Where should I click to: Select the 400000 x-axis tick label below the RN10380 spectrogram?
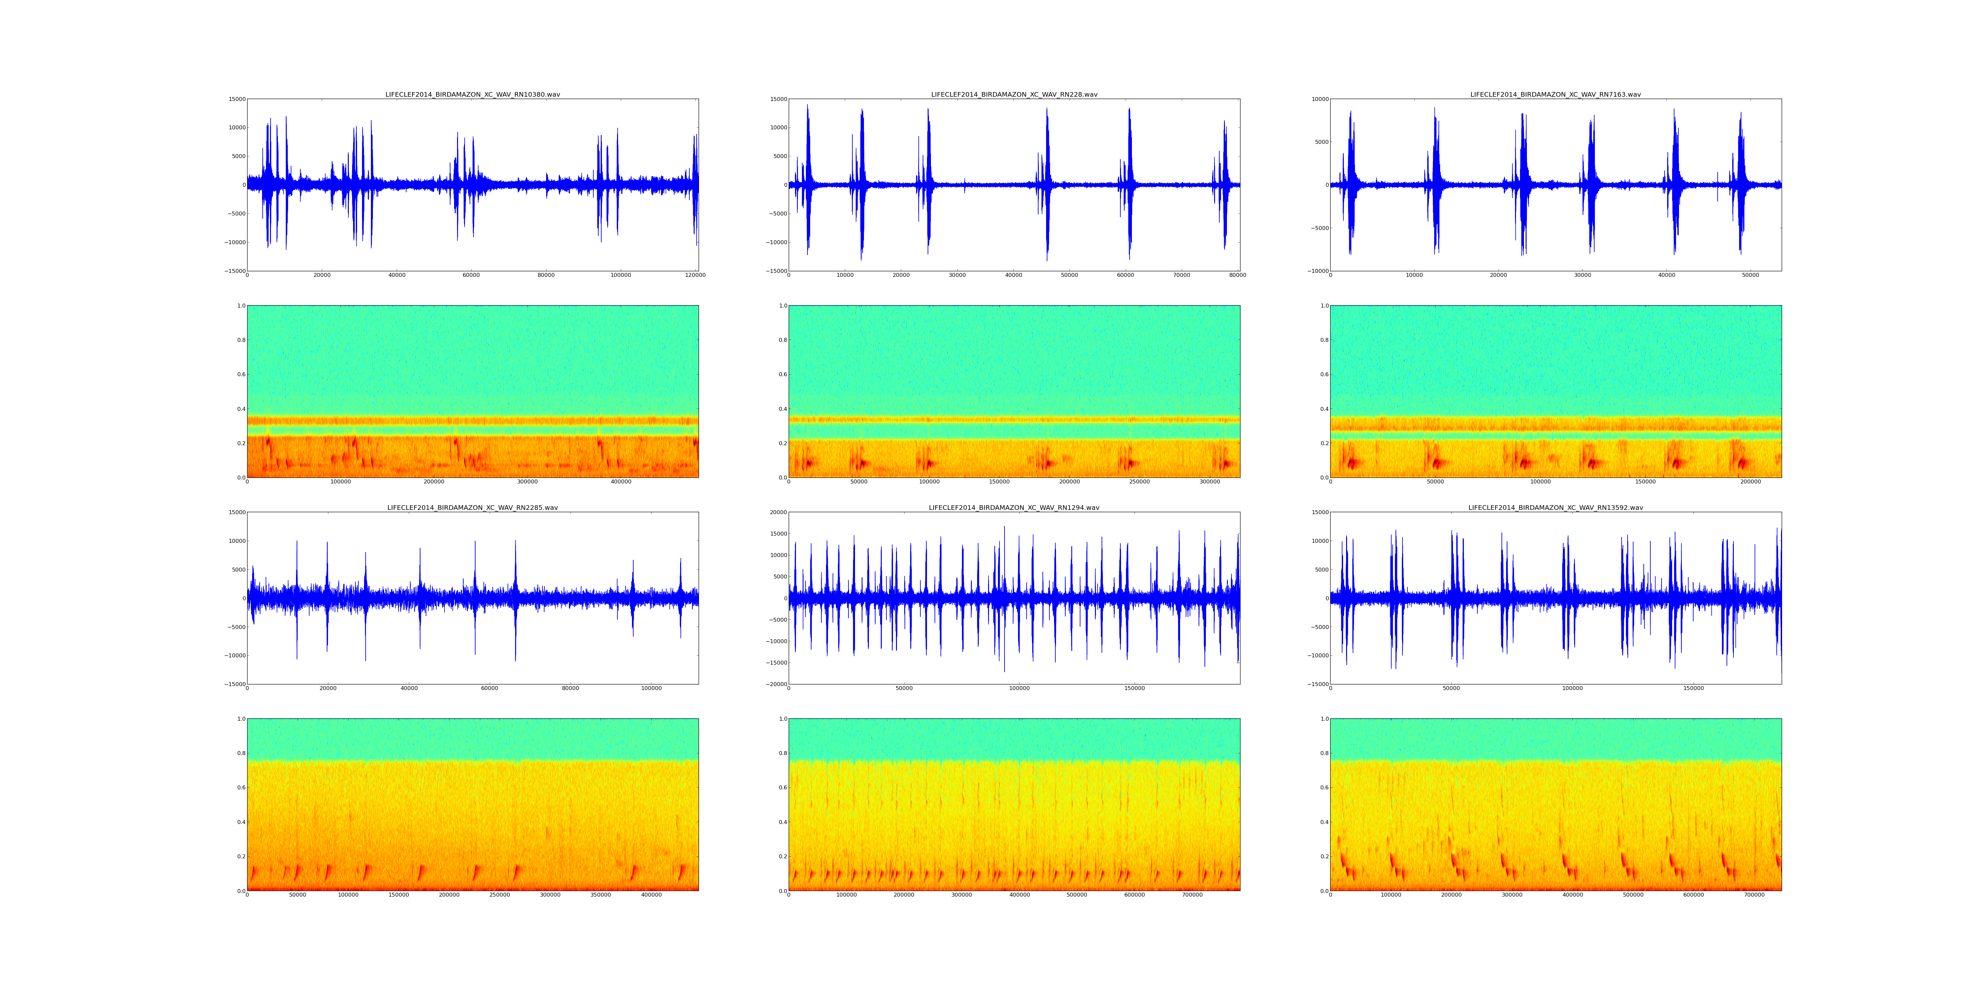click(620, 482)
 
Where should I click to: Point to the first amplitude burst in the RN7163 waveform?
click(1350, 184)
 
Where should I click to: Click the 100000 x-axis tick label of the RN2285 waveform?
click(651, 689)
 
